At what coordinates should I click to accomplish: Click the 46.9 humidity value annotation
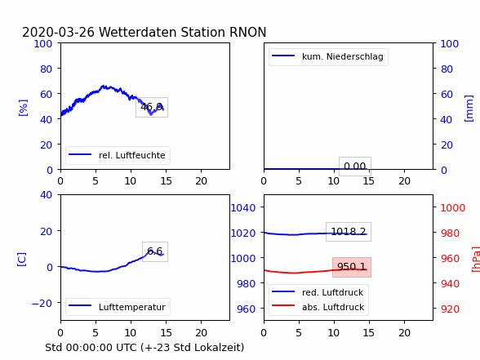pos(152,107)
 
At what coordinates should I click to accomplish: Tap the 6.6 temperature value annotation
pos(155,251)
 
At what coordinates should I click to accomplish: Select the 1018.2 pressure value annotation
pos(349,232)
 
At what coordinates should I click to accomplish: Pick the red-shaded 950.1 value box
pos(352,267)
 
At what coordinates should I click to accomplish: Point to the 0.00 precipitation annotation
pos(355,167)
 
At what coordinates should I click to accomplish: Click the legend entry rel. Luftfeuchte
pos(118,155)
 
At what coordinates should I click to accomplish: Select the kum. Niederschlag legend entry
pos(328,56)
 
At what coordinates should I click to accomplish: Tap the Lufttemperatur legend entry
pos(118,307)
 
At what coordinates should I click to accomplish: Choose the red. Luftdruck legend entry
pos(318,292)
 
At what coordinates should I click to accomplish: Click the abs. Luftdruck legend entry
pos(318,307)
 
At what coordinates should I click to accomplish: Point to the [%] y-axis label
pos(23,108)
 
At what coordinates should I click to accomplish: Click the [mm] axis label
pos(469,109)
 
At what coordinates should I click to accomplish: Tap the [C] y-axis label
pos(22,260)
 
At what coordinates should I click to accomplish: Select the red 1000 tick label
pos(453,208)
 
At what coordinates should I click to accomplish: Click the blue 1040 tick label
pos(243,208)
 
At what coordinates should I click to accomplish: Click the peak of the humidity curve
pos(103,86)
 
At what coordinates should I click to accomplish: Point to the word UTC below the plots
pos(127,348)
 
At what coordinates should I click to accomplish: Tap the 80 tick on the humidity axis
pos(46,69)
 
